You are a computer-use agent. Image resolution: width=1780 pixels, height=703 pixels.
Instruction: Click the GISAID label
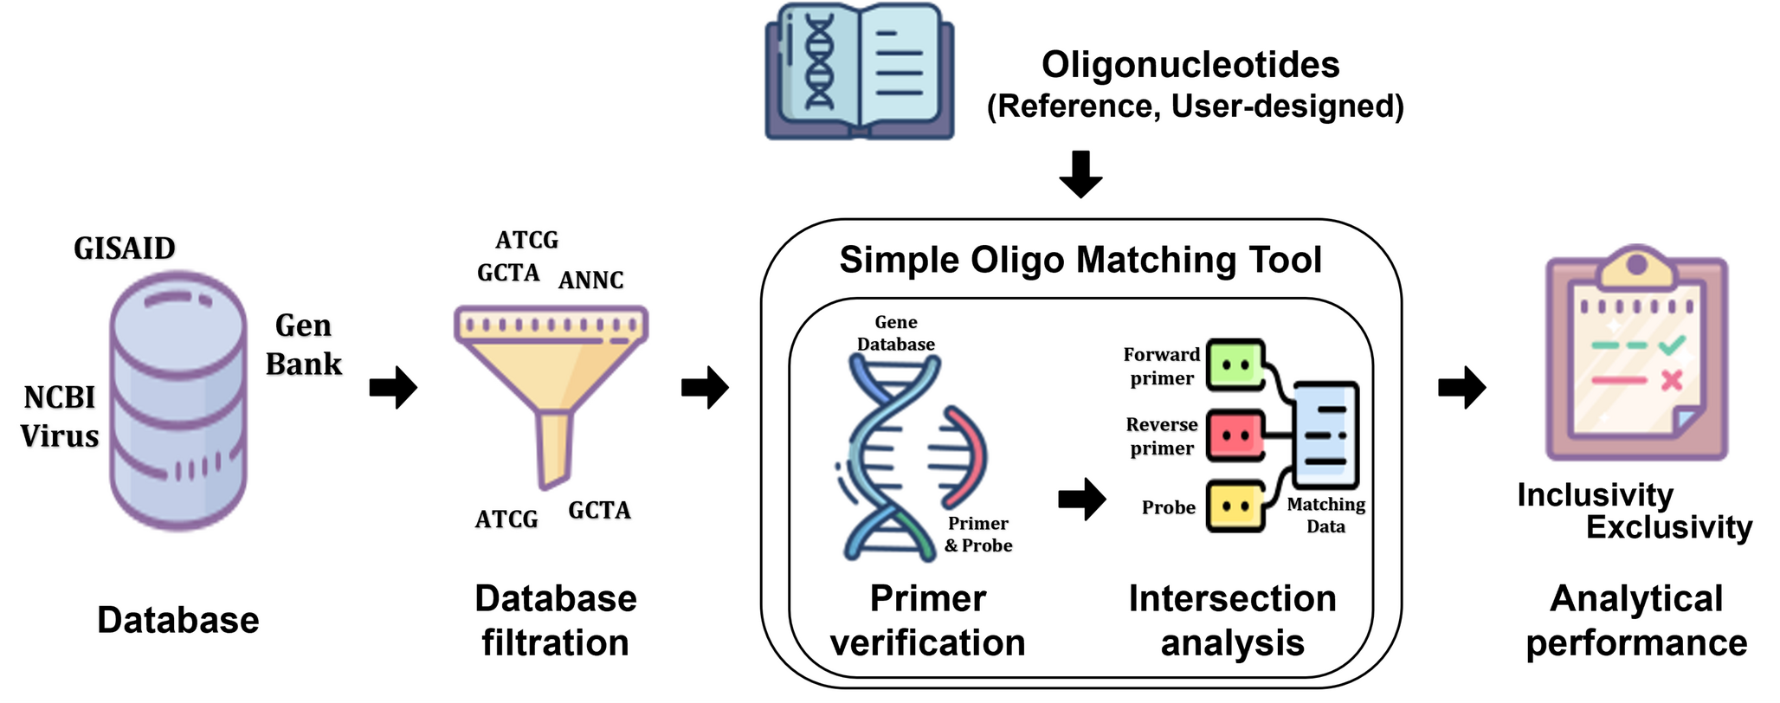[125, 248]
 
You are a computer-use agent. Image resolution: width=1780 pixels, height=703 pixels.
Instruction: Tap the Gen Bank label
[304, 345]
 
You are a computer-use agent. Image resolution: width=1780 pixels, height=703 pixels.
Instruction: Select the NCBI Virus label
[60, 416]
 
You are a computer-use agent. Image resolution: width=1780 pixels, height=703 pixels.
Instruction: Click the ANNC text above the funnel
[591, 281]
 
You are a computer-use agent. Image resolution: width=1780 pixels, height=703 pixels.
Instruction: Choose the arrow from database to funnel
[394, 387]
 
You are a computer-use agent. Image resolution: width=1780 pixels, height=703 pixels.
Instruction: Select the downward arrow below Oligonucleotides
[1080, 174]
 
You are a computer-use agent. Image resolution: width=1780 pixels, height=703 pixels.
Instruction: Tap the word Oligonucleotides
[1190, 65]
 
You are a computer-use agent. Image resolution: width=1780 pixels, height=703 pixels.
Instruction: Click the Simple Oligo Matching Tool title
[1080, 260]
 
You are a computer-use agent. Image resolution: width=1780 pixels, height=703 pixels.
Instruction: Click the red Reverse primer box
[1235, 435]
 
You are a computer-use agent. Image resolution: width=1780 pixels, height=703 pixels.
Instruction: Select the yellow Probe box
[1235, 506]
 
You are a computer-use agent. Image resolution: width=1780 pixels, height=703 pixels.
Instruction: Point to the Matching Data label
[1325, 516]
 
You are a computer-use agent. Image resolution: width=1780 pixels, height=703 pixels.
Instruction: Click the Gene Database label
[896, 333]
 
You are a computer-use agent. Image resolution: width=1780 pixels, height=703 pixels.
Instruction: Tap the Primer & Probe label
[978, 534]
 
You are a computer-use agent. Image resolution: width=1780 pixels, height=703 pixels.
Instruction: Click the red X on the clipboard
[1672, 380]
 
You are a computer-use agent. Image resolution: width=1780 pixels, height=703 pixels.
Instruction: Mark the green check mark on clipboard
[1672, 345]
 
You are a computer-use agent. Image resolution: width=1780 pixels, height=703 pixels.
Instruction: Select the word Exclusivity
[1668, 527]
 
